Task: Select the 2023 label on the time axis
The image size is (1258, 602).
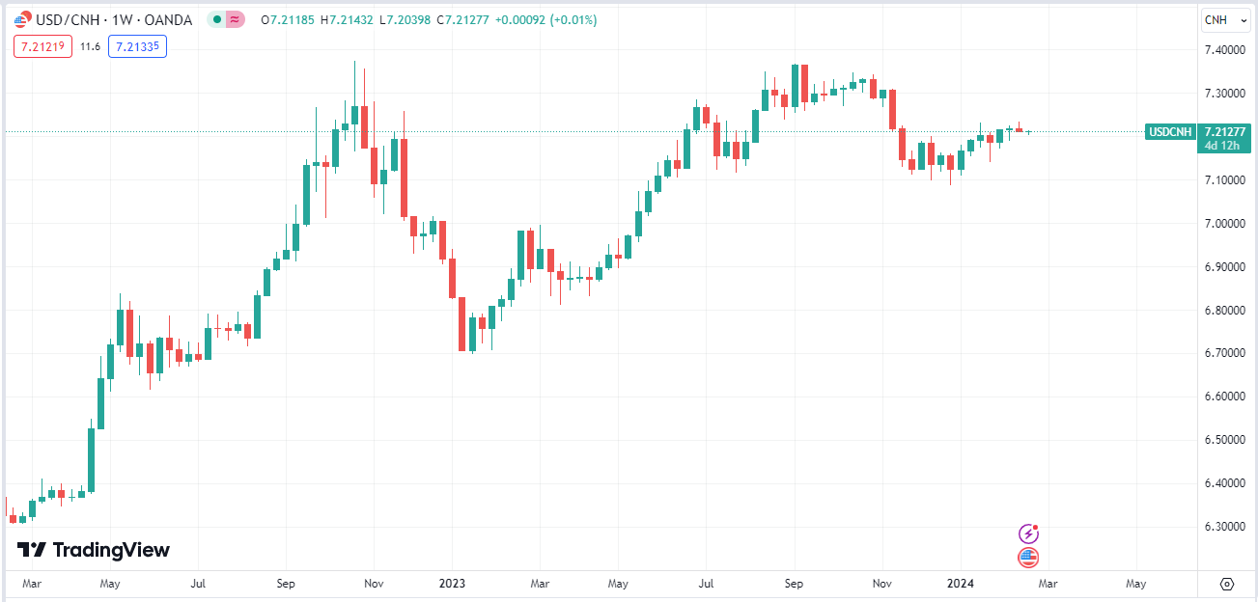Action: coord(452,584)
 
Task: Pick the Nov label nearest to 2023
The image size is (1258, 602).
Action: coord(375,584)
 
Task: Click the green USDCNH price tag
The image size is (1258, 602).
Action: coord(1170,132)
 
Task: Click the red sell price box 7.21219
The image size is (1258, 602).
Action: coord(43,45)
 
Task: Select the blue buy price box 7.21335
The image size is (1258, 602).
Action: coord(137,45)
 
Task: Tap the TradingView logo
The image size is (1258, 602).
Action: coord(94,550)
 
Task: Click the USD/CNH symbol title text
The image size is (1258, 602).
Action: coord(69,19)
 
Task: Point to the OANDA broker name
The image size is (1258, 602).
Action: coord(167,19)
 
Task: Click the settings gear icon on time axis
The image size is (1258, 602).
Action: coord(1227,584)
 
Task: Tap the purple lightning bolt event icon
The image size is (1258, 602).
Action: coord(1029,533)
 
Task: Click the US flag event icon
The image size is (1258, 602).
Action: coord(1029,557)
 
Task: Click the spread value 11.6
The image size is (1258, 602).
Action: coord(90,45)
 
